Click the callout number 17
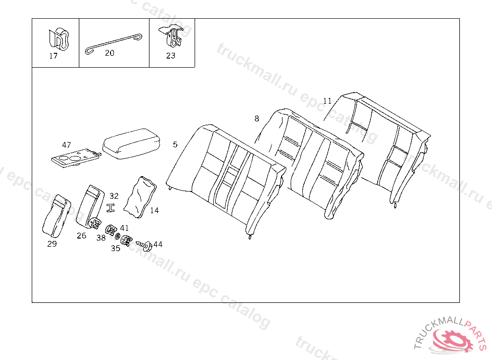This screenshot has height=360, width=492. (53, 56)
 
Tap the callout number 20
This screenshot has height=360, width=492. (110, 53)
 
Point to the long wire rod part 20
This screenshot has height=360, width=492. (113, 44)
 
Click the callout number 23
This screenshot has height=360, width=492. (171, 56)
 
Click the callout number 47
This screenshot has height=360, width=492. (66, 145)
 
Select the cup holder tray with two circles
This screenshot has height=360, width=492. (76, 158)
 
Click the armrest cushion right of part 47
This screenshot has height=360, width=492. (132, 144)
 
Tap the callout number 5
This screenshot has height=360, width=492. (175, 144)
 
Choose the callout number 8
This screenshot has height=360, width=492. (257, 119)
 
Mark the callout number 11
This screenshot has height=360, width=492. (327, 101)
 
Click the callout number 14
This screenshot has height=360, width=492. (154, 210)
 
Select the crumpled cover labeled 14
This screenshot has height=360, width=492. (140, 197)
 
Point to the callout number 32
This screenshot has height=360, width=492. (114, 196)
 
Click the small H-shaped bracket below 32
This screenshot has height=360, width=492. (111, 208)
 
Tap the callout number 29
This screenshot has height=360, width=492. (52, 244)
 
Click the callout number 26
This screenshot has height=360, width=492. (82, 236)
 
